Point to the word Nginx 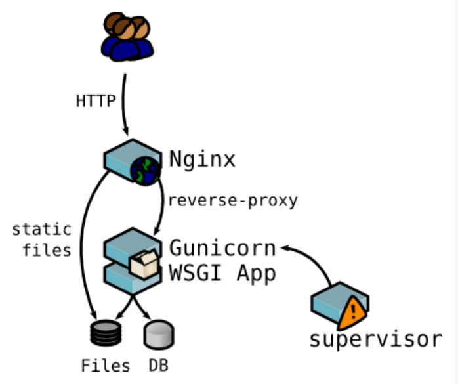pos(202,159)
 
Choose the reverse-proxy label pos(233,200)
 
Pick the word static pos(41,230)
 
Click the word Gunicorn pos(222,248)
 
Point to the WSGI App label pos(222,274)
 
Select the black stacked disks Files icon pos(104,333)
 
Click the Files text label pos(106,366)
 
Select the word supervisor pos(376,339)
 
